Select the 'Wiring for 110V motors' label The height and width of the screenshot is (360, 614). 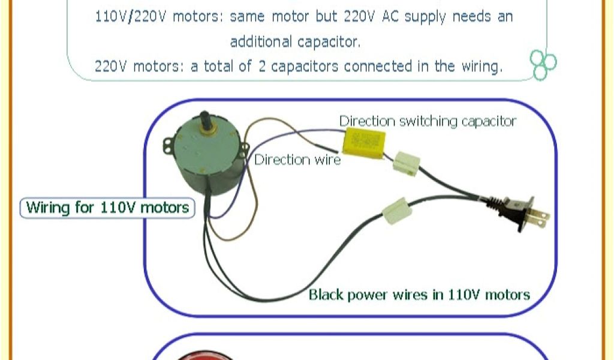108,208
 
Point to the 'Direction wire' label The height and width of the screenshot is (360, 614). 297,160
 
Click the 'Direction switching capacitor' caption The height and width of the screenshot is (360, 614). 428,121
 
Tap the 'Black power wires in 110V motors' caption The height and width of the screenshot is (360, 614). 419,295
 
